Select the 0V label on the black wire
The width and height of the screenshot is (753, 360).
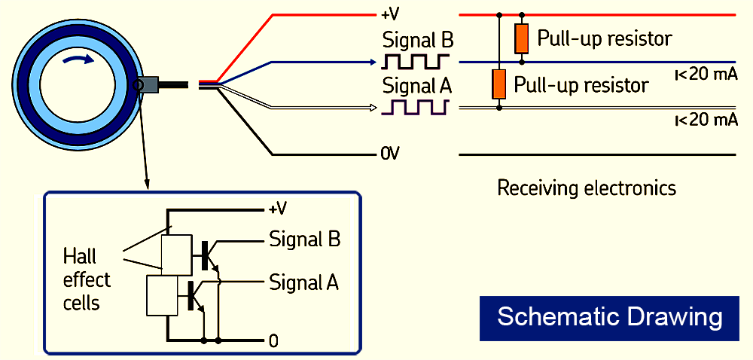(389, 154)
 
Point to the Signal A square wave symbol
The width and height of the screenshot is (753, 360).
(416, 108)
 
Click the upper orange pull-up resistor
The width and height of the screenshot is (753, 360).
(521, 38)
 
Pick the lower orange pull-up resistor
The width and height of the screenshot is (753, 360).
(498, 84)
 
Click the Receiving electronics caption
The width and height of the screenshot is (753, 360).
(587, 188)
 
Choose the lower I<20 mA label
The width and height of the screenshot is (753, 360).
(706, 120)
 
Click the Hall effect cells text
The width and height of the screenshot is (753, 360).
(86, 279)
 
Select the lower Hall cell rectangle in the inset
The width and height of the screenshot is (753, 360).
(160, 295)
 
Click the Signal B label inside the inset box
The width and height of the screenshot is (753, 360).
(304, 240)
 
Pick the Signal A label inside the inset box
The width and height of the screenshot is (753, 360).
(304, 283)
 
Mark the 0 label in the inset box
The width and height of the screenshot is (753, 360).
(273, 341)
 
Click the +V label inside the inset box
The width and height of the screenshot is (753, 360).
(278, 209)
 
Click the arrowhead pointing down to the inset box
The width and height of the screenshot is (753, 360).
(148, 184)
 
